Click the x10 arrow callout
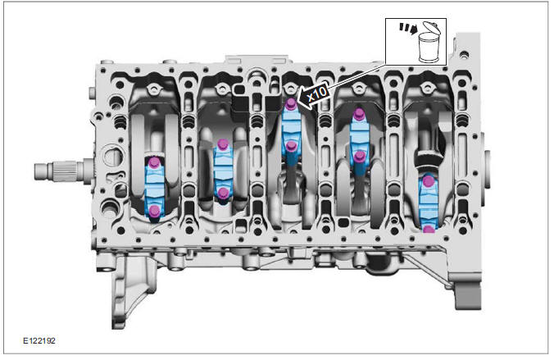313,95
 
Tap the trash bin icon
429,43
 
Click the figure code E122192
39,340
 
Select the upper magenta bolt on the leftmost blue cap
154,162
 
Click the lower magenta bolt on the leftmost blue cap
154,211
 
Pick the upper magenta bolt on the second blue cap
222,144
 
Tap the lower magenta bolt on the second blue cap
223,193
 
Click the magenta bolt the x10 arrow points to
291,103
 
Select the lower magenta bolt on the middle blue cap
291,146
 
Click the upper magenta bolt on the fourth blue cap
359,114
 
